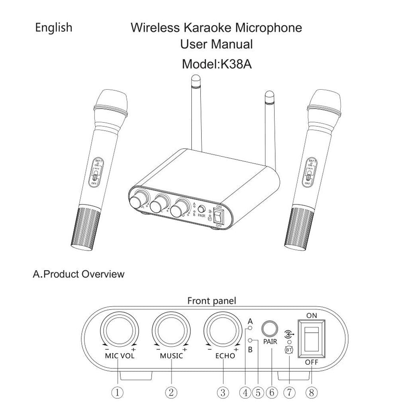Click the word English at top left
[x=53, y=28]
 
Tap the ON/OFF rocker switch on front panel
[x=312, y=339]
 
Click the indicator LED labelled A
[x=250, y=328]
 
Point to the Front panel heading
[x=212, y=301]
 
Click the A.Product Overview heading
[x=78, y=274]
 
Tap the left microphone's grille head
[x=112, y=100]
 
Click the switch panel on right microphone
[x=310, y=173]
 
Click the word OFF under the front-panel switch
[x=312, y=362]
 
